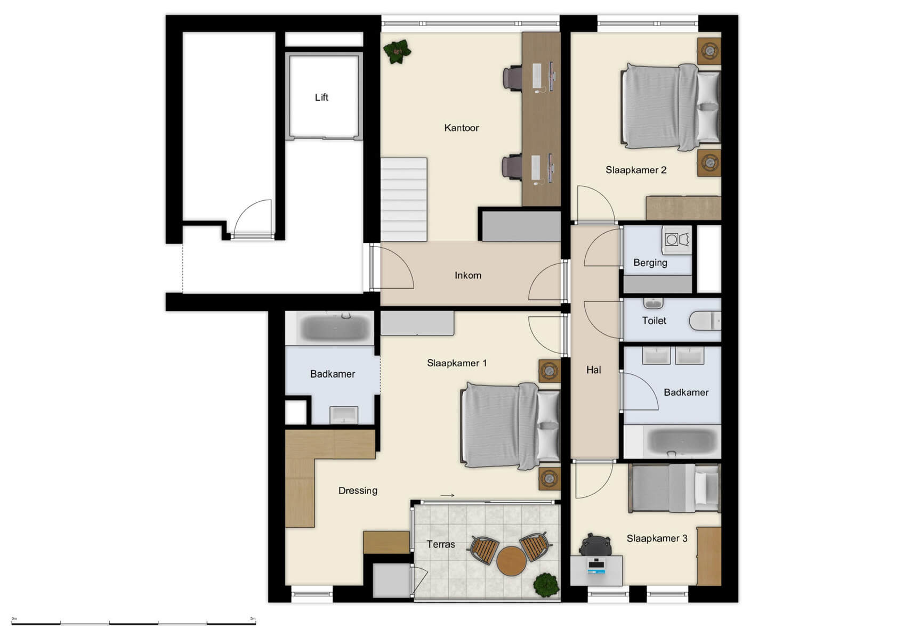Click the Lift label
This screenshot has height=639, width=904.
click(x=321, y=97)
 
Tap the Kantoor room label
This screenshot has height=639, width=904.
click(x=461, y=128)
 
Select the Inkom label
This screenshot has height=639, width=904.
click(x=467, y=275)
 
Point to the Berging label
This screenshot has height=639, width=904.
click(x=650, y=263)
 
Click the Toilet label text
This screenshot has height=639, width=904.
click(x=653, y=321)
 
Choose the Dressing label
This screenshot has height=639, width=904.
click(x=358, y=490)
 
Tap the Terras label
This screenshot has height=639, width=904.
click(x=440, y=544)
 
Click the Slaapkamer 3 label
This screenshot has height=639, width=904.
click(x=657, y=538)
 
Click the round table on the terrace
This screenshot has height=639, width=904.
click(x=511, y=561)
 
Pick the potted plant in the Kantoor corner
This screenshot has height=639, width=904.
click(x=397, y=52)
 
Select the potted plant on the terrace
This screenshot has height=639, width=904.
click(x=546, y=585)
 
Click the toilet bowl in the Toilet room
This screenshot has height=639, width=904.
click(x=705, y=321)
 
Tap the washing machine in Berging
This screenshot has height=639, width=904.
click(x=676, y=240)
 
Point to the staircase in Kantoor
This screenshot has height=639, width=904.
click(x=403, y=199)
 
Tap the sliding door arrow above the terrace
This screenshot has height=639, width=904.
click(x=447, y=496)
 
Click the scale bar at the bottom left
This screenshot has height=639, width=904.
click(x=133, y=623)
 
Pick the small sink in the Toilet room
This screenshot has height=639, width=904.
click(x=653, y=304)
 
